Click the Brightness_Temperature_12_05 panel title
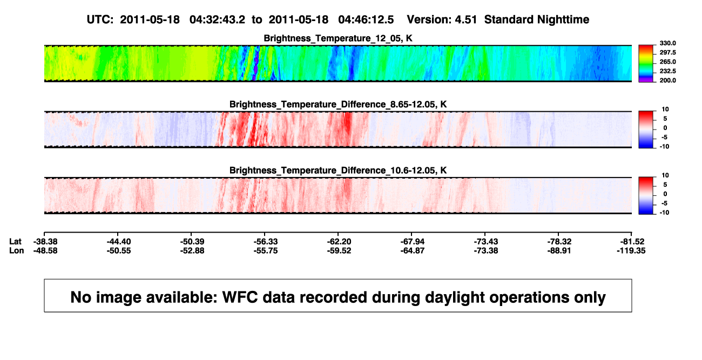pos(338,38)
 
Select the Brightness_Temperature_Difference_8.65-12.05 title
pos(338,104)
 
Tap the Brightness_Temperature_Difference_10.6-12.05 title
pos(338,171)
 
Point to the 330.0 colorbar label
pos(667,43)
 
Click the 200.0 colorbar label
pos(667,80)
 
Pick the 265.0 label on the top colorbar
pos(667,62)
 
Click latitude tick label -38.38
pos(45,242)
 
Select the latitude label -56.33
pos(266,242)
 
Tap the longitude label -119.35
pos(631,250)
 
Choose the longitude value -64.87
pos(413,250)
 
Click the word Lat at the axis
pos(15,242)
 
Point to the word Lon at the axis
pos(17,250)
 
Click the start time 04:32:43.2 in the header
pos(217,19)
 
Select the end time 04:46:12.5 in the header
pos(366,19)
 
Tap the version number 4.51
pos(466,19)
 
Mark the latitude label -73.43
pos(486,242)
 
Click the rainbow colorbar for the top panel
pos(646,64)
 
